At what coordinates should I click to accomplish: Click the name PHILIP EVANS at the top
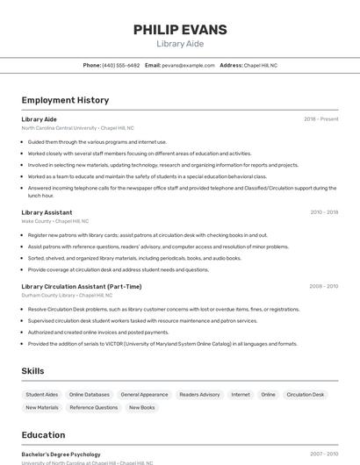179,30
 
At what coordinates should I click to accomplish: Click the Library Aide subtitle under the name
179,44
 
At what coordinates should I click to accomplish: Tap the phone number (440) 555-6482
120,65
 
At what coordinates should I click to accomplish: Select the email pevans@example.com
188,65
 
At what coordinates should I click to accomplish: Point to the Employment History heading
65,101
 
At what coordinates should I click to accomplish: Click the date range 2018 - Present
320,119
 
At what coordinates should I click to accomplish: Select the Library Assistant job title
47,212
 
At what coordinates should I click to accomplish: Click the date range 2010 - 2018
324,212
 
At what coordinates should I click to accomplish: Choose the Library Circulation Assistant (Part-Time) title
81,286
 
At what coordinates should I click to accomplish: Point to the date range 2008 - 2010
323,286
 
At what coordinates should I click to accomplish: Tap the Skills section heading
32,371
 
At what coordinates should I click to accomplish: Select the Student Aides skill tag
41,395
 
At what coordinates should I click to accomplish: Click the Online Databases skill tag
90,395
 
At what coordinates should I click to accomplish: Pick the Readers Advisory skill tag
199,395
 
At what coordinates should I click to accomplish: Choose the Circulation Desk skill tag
306,395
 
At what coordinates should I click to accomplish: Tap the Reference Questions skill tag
93,408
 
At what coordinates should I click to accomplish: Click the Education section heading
43,435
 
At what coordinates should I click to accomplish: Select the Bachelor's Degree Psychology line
61,454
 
